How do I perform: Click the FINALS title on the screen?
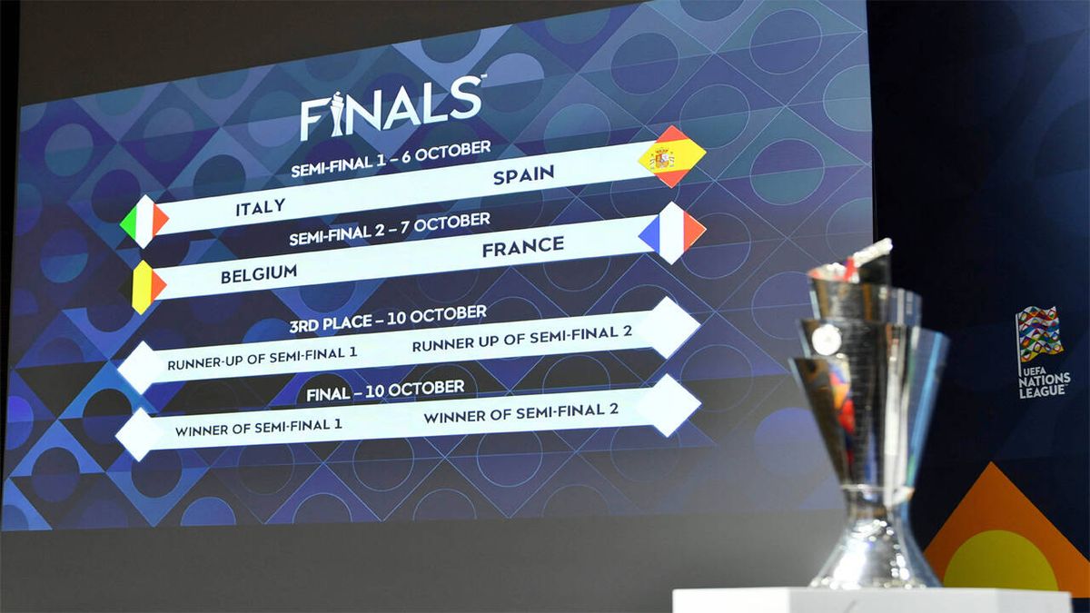tap(391, 108)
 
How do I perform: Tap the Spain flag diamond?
tap(671, 156)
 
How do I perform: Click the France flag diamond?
tap(672, 232)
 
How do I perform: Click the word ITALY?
tap(261, 208)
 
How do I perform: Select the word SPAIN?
tap(525, 175)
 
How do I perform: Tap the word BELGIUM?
tap(259, 272)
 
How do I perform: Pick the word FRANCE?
tap(522, 246)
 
